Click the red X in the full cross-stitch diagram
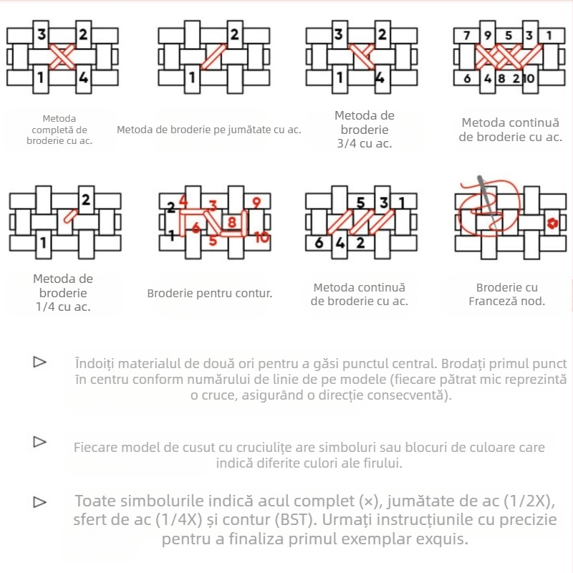tap(62, 57)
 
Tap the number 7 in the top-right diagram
tap(467, 35)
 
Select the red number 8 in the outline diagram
tap(231, 222)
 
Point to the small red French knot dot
tap(552, 223)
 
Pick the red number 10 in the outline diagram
tap(262, 238)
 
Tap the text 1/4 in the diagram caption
tap(43, 307)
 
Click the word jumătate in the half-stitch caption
tap(250, 130)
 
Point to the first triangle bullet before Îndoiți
tap(39, 362)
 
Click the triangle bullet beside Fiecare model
tap(39, 442)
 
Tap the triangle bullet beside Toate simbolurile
tap(39, 502)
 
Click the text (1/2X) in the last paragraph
tap(529, 501)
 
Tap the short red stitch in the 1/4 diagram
tap(70, 216)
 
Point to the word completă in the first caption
tap(59, 130)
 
